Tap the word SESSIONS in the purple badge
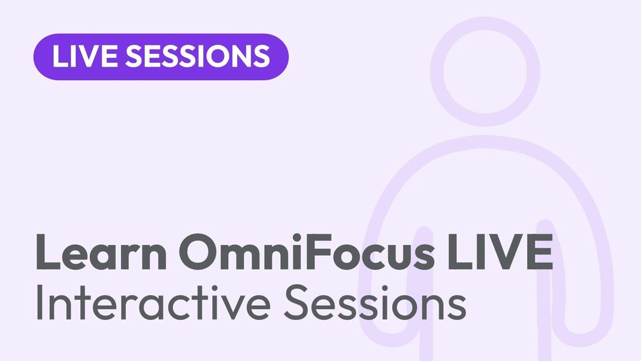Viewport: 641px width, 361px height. pos(197,56)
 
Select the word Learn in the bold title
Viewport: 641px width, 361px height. pos(101,251)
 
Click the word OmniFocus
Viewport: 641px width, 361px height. pos(306,251)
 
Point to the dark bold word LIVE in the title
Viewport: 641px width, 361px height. pos(501,252)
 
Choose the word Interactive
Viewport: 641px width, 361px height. pos(153,303)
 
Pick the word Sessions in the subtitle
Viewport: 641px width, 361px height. pos(375,303)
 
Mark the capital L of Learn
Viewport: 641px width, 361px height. pos(48,252)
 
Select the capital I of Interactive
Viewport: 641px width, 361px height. pos(39,303)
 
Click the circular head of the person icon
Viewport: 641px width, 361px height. pos(485,72)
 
